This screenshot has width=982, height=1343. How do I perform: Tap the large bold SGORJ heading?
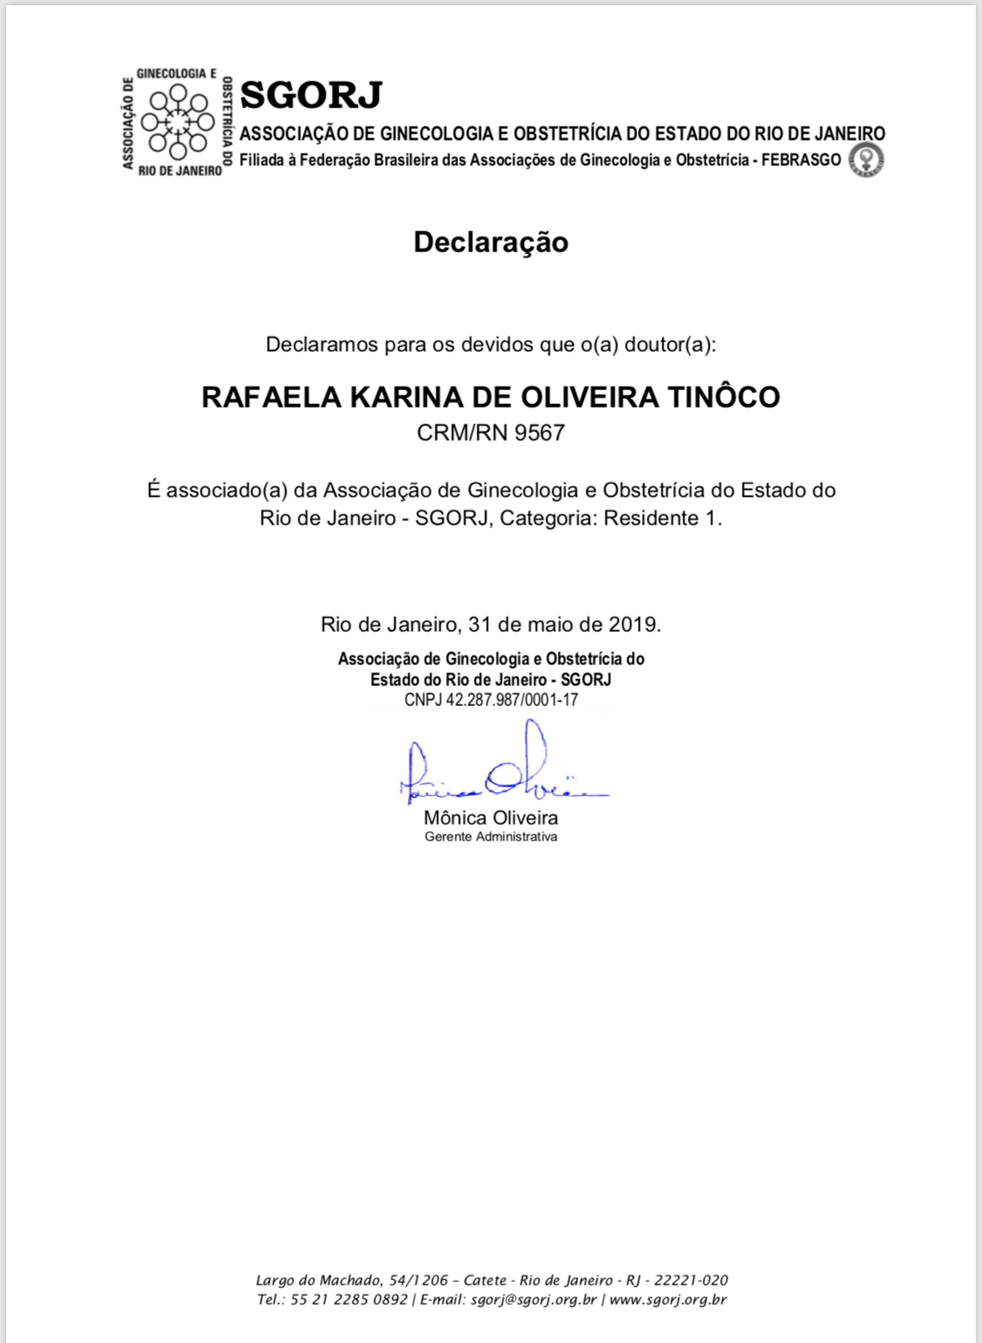(311, 95)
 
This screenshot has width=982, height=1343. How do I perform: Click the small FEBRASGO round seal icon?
(866, 160)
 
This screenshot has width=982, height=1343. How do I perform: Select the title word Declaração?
(491, 242)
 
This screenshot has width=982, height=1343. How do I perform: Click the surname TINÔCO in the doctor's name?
(724, 397)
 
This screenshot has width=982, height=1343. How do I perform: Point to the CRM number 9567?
(539, 433)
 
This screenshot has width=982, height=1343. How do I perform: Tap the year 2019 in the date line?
(632, 624)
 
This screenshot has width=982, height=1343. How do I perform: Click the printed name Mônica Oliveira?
(491, 818)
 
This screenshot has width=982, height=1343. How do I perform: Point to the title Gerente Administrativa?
(491, 837)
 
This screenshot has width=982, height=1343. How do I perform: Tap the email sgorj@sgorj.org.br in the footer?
(533, 1299)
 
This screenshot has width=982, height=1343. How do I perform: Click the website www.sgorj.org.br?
(668, 1299)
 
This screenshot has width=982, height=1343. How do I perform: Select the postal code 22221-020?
(690, 1280)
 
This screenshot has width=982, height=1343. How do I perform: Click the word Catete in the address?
(485, 1280)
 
